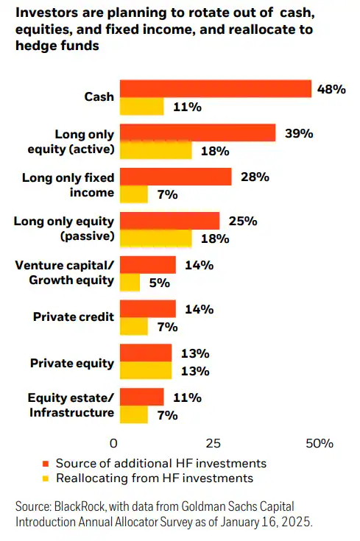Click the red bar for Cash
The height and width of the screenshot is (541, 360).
pyautogui.click(x=215, y=88)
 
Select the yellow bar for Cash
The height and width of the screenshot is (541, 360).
pyautogui.click(x=141, y=107)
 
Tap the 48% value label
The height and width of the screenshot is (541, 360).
pyautogui.click(x=331, y=89)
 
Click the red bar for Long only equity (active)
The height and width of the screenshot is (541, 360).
pyautogui.click(x=197, y=132)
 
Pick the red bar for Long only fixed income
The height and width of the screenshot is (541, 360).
pyautogui.click(x=175, y=177)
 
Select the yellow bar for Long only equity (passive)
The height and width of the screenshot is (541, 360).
pyautogui.click(x=155, y=238)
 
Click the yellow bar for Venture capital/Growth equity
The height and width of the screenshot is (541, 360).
pyautogui.click(x=130, y=283)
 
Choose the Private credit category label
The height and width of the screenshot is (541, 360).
pyautogui.click(x=74, y=317)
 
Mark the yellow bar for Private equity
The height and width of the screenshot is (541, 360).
pyautogui.click(x=145, y=370)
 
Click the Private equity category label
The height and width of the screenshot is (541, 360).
pyautogui.click(x=72, y=363)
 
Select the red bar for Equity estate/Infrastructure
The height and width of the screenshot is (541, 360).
pyautogui.click(x=141, y=397)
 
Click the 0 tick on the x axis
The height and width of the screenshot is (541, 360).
pyautogui.click(x=113, y=444)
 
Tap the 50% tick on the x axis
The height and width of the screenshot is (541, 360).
pyautogui.click(x=319, y=444)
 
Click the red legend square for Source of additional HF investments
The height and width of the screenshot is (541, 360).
pyautogui.click(x=46, y=464)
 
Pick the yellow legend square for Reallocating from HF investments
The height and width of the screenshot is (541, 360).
pyautogui.click(x=46, y=478)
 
